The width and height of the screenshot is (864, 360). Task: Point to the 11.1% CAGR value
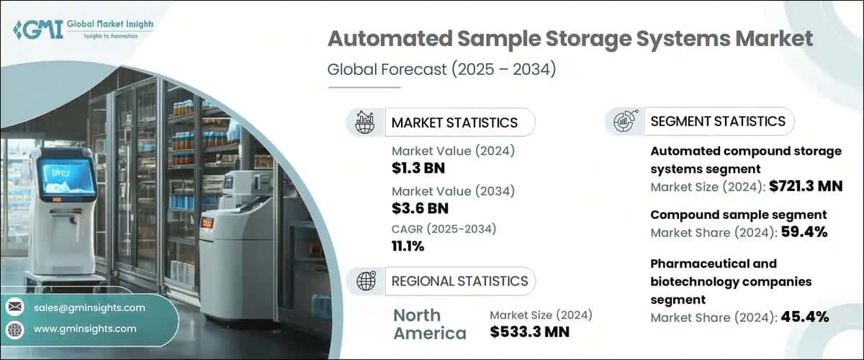click(408, 246)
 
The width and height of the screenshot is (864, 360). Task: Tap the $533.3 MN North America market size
click(529, 331)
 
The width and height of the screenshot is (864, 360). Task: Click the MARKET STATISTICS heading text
click(454, 122)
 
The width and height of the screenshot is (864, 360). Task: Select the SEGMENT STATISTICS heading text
click(718, 121)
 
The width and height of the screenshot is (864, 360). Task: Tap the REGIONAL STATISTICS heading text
click(459, 281)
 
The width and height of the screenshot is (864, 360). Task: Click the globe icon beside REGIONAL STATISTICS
click(365, 281)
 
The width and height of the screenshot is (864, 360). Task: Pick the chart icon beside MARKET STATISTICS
click(365, 122)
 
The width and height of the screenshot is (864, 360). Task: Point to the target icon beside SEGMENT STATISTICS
click(624, 121)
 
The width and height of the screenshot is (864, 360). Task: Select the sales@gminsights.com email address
click(89, 307)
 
